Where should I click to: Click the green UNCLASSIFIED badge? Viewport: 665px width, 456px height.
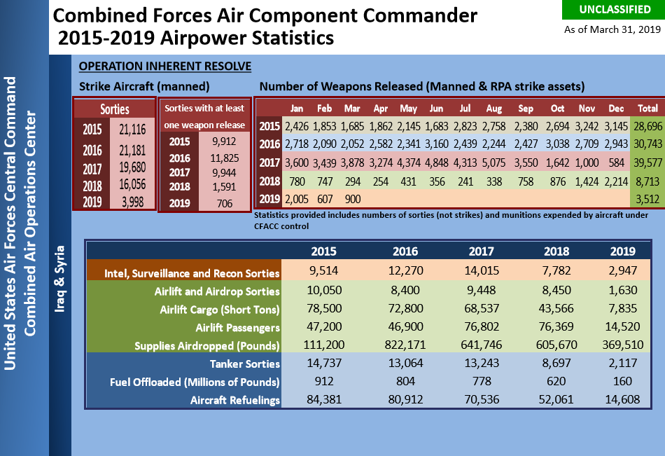click(x=612, y=10)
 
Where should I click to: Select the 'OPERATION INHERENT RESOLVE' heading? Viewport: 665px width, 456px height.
click(x=165, y=67)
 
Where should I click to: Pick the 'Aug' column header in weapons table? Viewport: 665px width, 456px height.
click(x=493, y=109)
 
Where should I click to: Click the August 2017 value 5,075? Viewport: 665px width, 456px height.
click(x=493, y=163)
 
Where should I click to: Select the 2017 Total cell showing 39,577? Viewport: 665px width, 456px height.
click(x=647, y=163)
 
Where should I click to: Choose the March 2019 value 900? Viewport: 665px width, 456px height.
click(x=353, y=198)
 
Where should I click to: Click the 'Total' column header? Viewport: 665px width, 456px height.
click(x=647, y=109)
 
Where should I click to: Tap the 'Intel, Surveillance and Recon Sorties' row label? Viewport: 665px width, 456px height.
click(x=192, y=273)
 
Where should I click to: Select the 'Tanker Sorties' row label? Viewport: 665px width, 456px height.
click(x=245, y=364)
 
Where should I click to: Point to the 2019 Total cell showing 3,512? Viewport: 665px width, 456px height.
click(x=647, y=199)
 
